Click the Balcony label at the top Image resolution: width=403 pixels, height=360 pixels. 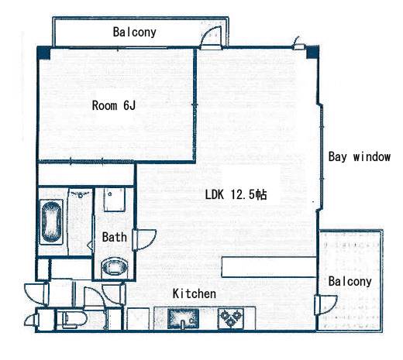coord(135,33)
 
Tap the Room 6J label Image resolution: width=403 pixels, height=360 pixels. coord(114,105)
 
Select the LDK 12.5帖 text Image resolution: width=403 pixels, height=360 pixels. coord(236,194)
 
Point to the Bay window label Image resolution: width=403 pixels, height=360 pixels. coord(360,157)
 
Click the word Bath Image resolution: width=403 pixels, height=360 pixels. coord(115,237)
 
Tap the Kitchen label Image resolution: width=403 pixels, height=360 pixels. coord(195,293)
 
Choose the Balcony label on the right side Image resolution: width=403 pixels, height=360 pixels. coord(350,281)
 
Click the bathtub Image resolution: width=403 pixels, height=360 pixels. coord(51,221)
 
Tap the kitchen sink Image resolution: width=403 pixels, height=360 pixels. coord(183,319)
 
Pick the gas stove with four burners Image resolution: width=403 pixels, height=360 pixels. coord(231,319)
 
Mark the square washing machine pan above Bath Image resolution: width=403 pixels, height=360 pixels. coord(115,200)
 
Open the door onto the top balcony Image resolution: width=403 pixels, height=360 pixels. coord(212,37)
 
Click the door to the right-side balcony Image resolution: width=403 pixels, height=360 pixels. coord(326,305)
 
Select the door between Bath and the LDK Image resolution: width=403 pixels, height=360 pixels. coord(144,240)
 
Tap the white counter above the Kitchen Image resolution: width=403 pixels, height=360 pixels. coord(269,267)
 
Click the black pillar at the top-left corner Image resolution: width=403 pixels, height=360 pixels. coord(43,53)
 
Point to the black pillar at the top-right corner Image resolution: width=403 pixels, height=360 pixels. coord(312,52)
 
